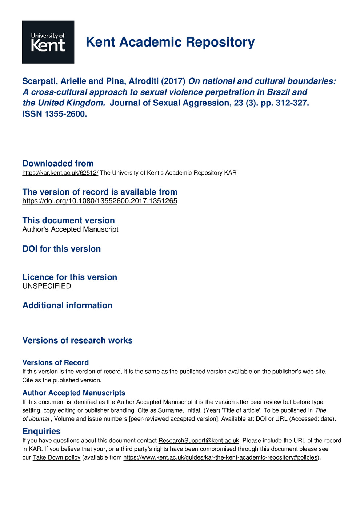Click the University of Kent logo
[48, 42]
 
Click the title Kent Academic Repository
[170, 42]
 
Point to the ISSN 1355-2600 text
[55, 114]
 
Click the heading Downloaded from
[58, 163]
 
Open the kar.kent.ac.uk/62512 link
[60, 173]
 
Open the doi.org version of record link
[100, 201]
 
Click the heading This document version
[68, 220]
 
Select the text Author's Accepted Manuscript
[70, 229]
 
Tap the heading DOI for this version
[61, 249]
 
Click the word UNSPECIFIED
[47, 286]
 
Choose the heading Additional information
[67, 305]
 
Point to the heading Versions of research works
[77, 340]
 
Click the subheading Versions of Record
[55, 362]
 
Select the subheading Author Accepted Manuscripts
[74, 393]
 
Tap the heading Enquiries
[41, 431]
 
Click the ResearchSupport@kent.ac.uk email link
[199, 441]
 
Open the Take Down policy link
[56, 457]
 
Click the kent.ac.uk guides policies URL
[220, 457]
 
